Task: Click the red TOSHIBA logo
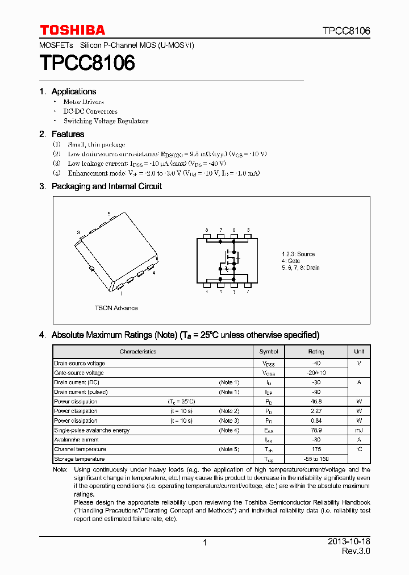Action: click(72, 30)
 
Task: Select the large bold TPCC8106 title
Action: click(87, 63)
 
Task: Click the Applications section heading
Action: click(73, 91)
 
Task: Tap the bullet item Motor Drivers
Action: click(84, 102)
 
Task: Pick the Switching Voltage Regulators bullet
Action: click(106, 121)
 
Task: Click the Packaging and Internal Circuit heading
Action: click(106, 186)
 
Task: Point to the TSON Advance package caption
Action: click(116, 308)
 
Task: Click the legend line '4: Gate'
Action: click(291, 261)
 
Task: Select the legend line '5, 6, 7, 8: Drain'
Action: click(301, 268)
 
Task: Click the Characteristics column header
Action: click(138, 352)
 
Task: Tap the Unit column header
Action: click(359, 352)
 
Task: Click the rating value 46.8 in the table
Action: click(316, 401)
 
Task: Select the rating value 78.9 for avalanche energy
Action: click(316, 430)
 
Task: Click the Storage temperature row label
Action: click(79, 459)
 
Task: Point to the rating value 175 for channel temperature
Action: click(316, 449)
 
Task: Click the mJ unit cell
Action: click(359, 430)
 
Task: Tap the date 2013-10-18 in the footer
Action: click(349, 542)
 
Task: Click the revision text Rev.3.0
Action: click(356, 552)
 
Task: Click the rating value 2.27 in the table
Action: click(316, 411)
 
